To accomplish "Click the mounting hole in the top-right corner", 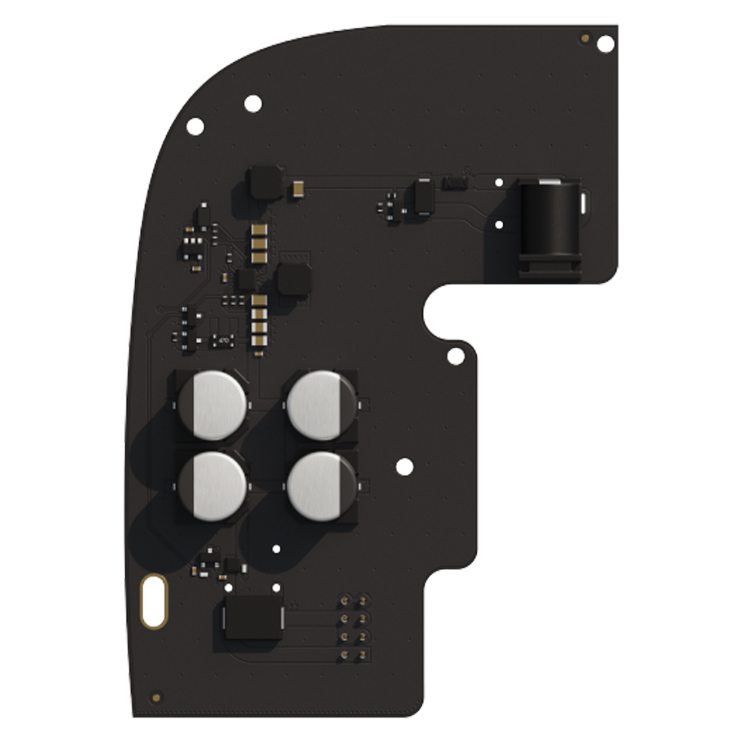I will tap(606, 44).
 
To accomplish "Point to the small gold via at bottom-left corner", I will tap(157, 696).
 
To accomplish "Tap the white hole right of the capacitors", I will tap(404, 465).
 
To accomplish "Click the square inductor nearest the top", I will tap(263, 182).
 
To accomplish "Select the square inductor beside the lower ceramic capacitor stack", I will tap(294, 280).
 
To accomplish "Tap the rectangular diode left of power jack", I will tap(424, 197).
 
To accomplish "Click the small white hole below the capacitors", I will tap(275, 548).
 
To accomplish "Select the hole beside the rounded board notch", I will tap(456, 356).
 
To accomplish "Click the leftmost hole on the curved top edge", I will tap(195, 125).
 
